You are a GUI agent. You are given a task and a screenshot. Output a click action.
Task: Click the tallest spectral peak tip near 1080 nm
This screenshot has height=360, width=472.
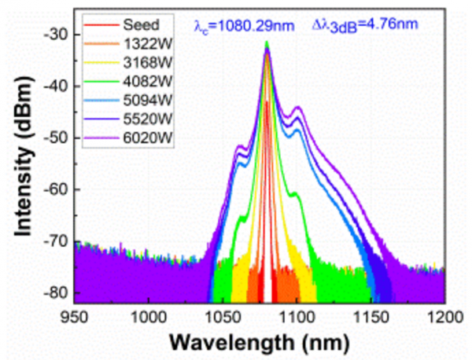[x=267, y=42]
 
